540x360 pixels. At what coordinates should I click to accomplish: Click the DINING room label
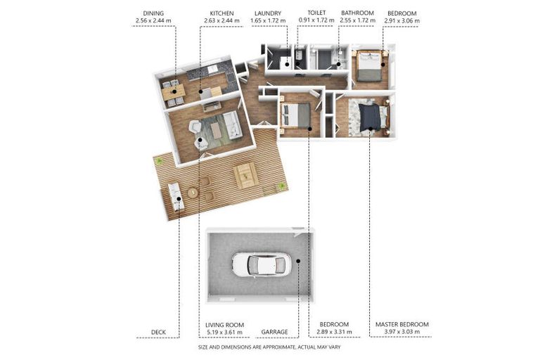coord(153,13)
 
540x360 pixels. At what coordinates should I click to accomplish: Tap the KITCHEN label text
coord(221,13)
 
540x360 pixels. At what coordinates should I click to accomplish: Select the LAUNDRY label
coord(268,13)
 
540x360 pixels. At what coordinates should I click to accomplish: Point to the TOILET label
coord(316,13)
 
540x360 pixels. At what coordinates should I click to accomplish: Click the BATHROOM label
coord(357,13)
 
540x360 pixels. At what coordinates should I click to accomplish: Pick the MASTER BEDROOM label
coord(402,324)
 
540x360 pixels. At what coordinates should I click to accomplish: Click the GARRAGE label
coord(274,332)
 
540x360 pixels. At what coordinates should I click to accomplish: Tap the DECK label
coord(158,332)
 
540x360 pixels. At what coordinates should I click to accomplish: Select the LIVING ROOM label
coord(224,325)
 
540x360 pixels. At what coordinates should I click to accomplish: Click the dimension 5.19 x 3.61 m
coord(224,333)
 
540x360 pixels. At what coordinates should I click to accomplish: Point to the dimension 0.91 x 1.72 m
coord(316,20)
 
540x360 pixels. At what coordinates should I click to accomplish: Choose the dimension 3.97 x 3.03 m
coord(402,332)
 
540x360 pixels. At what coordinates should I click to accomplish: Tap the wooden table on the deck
coord(246,175)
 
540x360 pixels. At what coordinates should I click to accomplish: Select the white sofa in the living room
coord(233,124)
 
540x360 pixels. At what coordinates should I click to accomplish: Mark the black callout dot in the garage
coord(298,261)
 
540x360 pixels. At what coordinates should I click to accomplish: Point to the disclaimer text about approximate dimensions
coord(269,347)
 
